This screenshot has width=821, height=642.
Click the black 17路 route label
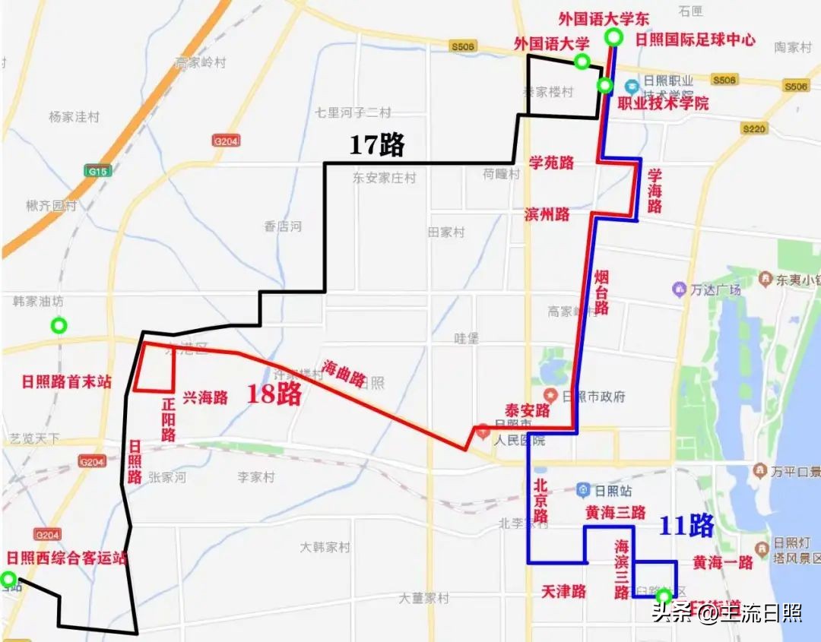pos(376,144)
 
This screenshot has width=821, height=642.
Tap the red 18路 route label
pos(274,394)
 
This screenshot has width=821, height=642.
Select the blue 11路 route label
pos(686,525)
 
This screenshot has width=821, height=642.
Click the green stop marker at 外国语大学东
pos(613,38)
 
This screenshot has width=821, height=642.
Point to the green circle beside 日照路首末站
pos(59,326)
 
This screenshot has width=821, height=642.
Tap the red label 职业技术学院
pos(663,103)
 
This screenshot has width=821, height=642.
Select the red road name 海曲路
pos(344,373)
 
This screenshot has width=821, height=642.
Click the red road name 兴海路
pos(204,397)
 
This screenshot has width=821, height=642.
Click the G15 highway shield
pos(97,172)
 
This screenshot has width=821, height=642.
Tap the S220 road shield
pos(754,129)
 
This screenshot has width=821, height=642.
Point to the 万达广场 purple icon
pos(679,289)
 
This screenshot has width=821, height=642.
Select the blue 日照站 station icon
pos(583,490)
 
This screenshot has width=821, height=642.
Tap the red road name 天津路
pos(563,591)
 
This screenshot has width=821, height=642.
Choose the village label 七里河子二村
pos(353,112)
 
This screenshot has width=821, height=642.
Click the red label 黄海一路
pos(722,562)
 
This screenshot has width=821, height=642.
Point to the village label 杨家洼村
pos(74,117)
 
